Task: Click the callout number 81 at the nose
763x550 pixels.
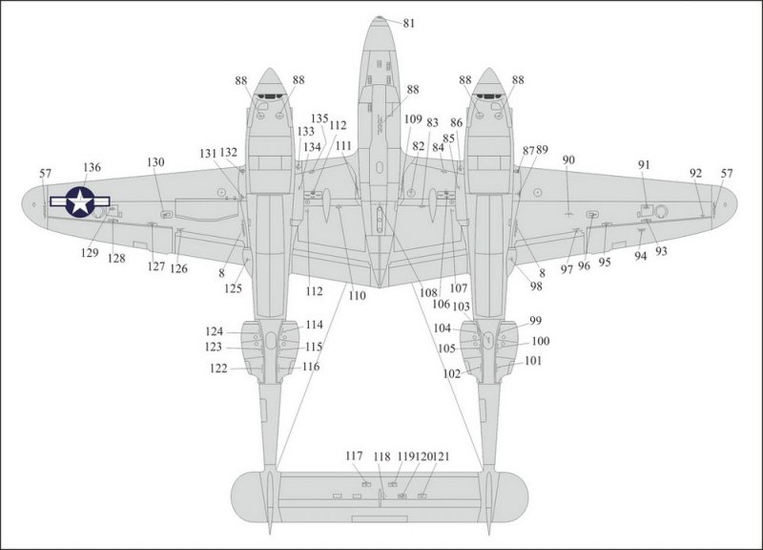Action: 409,23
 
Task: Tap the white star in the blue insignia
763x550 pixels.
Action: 80,201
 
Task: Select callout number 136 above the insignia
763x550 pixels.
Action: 92,168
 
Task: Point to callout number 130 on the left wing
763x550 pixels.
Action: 155,162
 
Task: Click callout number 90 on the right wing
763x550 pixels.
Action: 568,160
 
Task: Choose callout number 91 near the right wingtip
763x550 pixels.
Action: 644,165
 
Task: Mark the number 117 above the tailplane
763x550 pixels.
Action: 354,456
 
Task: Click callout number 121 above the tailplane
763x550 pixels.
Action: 441,456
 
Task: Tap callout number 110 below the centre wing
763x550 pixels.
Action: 357,296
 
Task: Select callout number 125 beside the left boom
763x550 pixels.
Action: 233,288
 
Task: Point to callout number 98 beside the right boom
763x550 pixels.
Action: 536,286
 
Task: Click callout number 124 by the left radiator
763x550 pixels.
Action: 214,331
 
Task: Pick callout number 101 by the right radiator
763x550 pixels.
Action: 533,361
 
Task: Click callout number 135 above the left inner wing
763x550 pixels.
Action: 320,118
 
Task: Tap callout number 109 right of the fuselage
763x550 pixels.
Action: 413,119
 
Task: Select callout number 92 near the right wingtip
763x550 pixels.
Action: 696,174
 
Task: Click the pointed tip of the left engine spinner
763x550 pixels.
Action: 270,69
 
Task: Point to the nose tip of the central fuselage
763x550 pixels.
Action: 379,17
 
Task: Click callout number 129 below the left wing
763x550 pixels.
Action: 90,253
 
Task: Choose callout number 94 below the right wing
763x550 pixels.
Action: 641,256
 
